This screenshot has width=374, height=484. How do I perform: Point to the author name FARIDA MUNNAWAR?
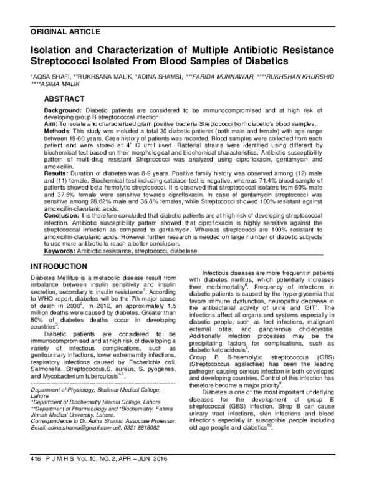click(x=221, y=75)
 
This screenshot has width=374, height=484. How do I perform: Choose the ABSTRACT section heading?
click(x=65, y=99)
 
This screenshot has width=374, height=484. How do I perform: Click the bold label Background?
click(x=64, y=110)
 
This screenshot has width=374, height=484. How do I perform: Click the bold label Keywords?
click(x=62, y=269)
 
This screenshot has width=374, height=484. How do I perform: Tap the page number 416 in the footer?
click(x=35, y=475)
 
